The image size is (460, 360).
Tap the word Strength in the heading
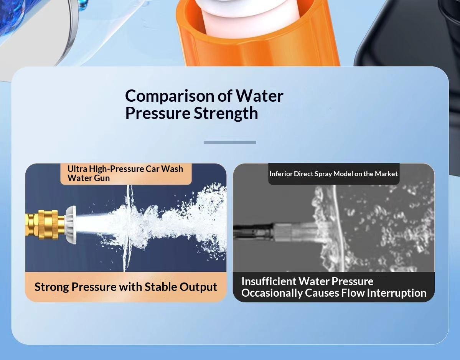226,114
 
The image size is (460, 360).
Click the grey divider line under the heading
230,142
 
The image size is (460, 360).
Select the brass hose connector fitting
45,225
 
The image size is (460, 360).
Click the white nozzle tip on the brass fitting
71,225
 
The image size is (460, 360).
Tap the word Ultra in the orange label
77,169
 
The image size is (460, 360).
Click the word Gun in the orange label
102,178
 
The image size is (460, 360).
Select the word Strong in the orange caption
52,287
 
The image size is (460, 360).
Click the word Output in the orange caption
198,287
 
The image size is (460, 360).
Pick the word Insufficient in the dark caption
269,281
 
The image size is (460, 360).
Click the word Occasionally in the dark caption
272,293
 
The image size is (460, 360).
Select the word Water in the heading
259,96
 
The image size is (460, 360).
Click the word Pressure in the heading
158,114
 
